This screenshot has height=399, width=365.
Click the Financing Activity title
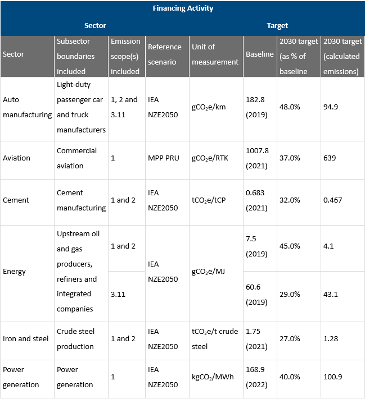183,8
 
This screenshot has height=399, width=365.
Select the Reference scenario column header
164,54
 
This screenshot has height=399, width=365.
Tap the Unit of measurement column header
215,54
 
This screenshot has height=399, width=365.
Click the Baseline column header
260,54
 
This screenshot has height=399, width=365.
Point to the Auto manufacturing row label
27,107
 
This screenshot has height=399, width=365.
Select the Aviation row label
17,158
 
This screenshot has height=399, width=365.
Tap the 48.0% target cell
290,107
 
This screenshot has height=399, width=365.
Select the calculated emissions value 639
330,158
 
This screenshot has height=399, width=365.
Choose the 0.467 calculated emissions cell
332,200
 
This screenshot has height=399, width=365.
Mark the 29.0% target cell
290,294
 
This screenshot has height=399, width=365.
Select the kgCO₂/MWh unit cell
213,377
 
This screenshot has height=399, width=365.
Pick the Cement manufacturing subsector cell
81,200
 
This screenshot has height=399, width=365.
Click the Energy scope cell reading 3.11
119,294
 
